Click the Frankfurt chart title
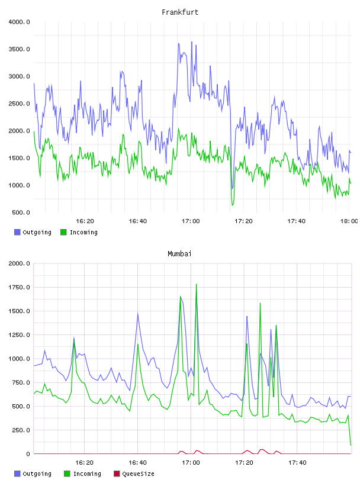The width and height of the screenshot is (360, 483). coord(180,12)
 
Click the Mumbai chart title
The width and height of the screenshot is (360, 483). coord(179,254)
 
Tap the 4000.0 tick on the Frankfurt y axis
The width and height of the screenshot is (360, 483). coord(19,22)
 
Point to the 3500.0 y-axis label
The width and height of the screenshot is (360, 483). coord(19,49)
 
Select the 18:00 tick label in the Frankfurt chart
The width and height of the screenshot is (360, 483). coord(349,221)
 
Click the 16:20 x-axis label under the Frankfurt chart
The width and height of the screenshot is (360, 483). coord(85,221)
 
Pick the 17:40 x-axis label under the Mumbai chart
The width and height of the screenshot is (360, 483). coord(297,463)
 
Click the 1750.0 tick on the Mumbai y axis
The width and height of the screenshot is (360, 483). coord(19,288)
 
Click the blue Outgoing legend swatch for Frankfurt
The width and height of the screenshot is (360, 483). coord(17,232)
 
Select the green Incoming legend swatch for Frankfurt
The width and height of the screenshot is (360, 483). coord(63,232)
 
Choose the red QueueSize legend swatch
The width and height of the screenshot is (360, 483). coord(117,474)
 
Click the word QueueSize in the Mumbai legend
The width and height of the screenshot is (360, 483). coord(138,474)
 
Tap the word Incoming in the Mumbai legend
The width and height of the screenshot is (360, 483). coord(87,474)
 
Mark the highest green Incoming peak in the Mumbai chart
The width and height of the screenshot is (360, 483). coord(197,284)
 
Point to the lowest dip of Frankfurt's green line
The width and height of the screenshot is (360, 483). coord(232,205)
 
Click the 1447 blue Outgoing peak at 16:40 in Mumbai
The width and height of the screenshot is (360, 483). coord(138,314)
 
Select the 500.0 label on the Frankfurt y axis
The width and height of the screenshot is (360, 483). coord(21,212)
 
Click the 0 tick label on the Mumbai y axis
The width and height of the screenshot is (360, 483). coord(28,454)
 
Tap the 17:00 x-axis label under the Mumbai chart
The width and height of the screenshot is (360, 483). coord(191,463)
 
